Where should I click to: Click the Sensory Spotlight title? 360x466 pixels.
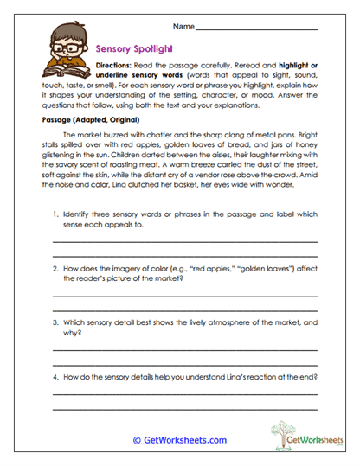[x=131, y=50]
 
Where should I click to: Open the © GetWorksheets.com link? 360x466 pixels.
[x=179, y=440]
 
